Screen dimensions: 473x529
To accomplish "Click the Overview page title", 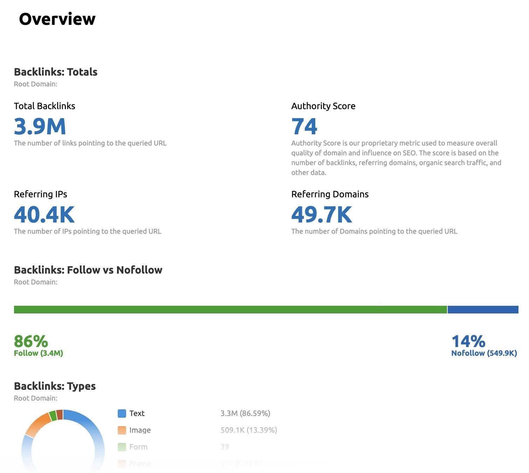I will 57,19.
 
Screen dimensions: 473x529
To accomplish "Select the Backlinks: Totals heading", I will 56,72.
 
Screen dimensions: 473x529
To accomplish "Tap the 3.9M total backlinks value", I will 40,127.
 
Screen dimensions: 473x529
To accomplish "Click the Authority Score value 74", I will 304,127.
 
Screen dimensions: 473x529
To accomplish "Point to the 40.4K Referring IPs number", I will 44,215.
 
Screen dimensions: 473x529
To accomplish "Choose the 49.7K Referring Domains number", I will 322,215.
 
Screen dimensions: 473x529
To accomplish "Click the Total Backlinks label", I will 44,106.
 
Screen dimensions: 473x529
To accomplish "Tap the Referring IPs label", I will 40,194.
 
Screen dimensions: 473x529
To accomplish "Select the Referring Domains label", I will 330,194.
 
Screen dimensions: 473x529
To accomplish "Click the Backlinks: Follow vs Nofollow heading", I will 88,270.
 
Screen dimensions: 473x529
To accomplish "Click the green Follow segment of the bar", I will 230,310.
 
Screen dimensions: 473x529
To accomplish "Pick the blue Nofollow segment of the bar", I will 483,310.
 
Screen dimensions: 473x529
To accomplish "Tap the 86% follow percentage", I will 31,341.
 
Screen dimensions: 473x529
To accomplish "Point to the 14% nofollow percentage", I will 468,341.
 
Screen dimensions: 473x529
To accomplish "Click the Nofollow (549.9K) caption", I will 484,353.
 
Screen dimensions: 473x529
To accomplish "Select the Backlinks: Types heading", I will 55,386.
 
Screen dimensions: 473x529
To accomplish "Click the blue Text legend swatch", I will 122,414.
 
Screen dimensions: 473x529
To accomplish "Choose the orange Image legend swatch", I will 122,430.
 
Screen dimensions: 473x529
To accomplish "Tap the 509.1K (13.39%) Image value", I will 249,430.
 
